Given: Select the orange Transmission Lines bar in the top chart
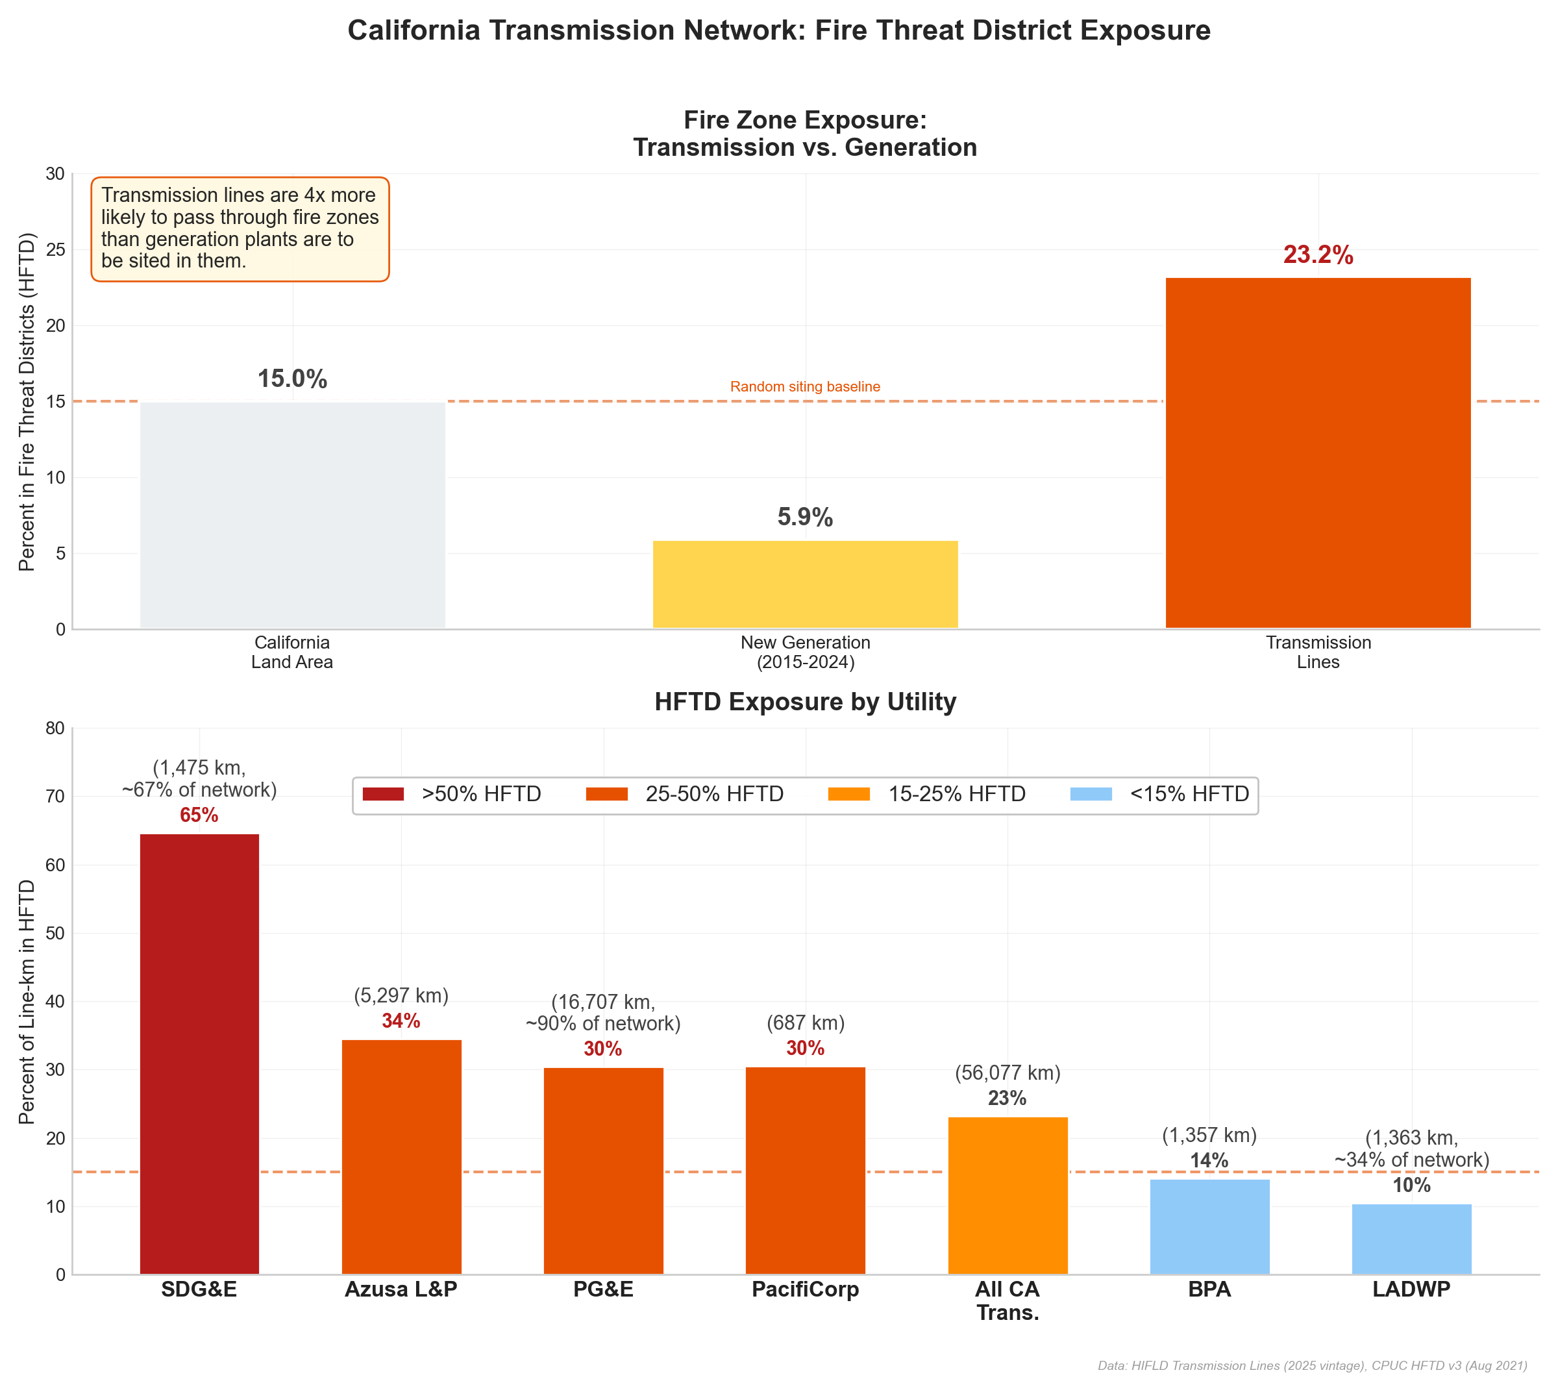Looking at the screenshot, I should pos(1317,453).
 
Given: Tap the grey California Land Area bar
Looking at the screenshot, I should pos(292,515).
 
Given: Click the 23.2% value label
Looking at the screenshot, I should pos(1317,255).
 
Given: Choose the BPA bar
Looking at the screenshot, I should pos(1209,1227).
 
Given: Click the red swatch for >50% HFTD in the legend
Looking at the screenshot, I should pos(383,795).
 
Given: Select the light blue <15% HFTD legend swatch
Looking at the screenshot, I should pos(1091,795).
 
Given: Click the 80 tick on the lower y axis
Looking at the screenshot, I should pos(55,728).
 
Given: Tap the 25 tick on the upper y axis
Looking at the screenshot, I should pos(55,250).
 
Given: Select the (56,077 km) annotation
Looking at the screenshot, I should pos(1008,1073).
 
